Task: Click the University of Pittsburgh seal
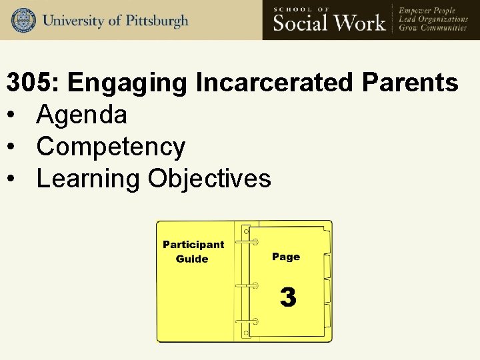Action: tap(23, 20)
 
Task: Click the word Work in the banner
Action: tap(361, 23)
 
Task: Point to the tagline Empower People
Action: tap(427, 10)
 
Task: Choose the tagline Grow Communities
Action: tap(432, 28)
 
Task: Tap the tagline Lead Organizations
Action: tap(433, 19)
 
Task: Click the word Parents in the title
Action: tap(410, 83)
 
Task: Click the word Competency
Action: tap(111, 147)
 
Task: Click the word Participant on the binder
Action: tap(193, 245)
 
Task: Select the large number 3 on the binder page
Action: tap(287, 297)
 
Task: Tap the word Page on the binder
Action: tap(286, 257)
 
